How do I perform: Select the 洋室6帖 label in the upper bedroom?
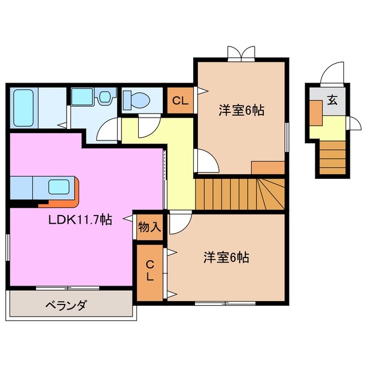(241, 111)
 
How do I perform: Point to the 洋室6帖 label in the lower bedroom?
(226, 258)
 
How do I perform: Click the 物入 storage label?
(149, 227)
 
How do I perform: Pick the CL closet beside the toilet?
(180, 101)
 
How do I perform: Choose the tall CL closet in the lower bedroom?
(149, 272)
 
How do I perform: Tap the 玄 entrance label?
(332, 100)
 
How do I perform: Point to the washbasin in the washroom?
(104, 97)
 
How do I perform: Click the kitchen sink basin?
(59, 187)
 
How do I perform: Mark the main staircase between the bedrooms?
(240, 193)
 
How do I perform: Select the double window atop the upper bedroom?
(240, 53)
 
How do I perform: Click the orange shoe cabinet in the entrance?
(315, 112)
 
